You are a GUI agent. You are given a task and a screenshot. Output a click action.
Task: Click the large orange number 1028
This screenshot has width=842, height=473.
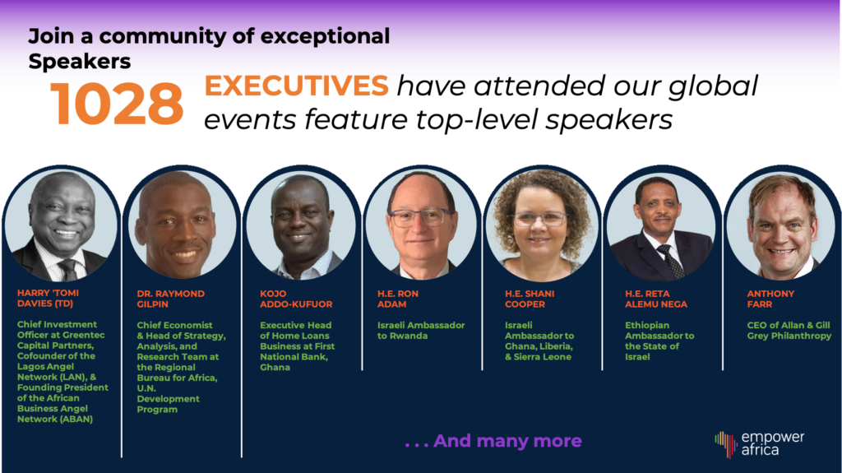tap(117, 103)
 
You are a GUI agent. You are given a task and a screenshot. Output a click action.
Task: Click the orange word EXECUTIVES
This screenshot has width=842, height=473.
tap(296, 86)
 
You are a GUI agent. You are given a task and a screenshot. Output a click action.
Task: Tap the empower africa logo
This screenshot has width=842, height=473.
tap(759, 444)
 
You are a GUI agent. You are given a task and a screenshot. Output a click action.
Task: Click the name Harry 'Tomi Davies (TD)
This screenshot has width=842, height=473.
tap(48, 299)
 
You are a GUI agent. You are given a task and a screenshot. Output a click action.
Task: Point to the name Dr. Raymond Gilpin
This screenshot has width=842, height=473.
tap(171, 299)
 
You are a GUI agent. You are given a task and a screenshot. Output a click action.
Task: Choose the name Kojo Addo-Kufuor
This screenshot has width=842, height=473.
tap(296, 299)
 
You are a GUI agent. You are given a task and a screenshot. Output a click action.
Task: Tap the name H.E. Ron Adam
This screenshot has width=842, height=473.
tap(397, 299)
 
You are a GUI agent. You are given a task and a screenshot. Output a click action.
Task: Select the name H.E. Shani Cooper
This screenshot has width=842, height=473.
tap(530, 299)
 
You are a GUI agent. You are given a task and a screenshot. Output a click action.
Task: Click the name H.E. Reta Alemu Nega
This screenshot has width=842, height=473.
tap(656, 299)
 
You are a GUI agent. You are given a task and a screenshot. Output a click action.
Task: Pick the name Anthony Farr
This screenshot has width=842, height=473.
tap(770, 299)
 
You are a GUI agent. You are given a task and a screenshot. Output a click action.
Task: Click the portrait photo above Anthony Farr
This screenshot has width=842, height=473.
tap(781, 225)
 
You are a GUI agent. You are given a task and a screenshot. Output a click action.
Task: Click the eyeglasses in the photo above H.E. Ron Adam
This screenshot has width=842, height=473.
tap(422, 217)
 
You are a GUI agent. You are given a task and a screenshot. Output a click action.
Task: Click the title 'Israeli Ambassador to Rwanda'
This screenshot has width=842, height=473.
tap(421, 331)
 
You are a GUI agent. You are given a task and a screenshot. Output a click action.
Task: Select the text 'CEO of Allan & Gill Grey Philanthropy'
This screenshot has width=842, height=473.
tap(789, 331)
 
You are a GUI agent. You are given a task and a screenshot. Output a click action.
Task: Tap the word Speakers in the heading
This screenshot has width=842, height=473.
tap(80, 61)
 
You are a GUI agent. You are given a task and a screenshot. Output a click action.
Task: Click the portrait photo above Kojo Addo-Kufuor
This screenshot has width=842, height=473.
tap(301, 225)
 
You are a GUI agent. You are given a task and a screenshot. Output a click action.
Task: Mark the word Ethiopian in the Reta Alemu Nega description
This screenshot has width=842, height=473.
tap(647, 325)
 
